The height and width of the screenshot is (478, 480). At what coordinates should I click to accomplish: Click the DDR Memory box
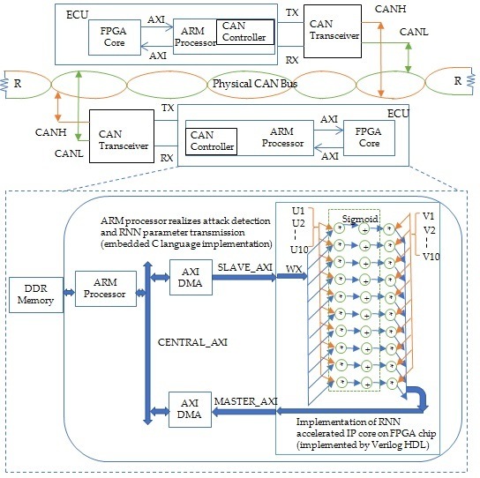point(36,295)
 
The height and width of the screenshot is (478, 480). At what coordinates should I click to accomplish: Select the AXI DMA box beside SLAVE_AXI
point(191,277)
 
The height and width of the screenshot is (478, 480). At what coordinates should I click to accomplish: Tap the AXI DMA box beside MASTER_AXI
point(190,409)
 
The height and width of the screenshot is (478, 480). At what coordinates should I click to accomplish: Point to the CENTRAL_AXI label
point(192,342)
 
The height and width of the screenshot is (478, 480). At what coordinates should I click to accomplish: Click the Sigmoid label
point(360,219)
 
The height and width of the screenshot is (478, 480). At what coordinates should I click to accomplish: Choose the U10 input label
point(299,250)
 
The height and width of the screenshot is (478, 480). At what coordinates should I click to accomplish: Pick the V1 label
point(428,216)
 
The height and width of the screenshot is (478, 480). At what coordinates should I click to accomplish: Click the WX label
point(294,269)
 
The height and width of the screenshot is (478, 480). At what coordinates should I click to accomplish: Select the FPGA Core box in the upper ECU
point(115,37)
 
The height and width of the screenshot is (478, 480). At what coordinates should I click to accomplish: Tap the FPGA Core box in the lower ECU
point(369,138)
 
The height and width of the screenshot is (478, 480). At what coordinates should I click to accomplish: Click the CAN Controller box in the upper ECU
point(245,32)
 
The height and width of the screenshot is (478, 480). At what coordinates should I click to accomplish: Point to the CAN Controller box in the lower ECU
point(211,141)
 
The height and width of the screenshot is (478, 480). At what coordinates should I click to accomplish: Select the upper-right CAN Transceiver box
point(333,31)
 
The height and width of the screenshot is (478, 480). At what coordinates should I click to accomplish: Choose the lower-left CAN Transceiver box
point(122,136)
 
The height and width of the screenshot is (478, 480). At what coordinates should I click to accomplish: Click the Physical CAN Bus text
point(255,84)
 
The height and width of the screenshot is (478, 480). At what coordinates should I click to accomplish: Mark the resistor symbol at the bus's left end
point(4,85)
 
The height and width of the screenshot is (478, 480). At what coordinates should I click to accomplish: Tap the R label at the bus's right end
point(458,81)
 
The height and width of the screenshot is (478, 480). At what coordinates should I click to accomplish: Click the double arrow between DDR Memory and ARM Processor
point(69,293)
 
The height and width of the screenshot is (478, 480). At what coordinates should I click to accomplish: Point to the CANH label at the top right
point(391,9)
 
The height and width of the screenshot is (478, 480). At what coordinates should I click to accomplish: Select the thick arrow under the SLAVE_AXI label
point(244,277)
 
